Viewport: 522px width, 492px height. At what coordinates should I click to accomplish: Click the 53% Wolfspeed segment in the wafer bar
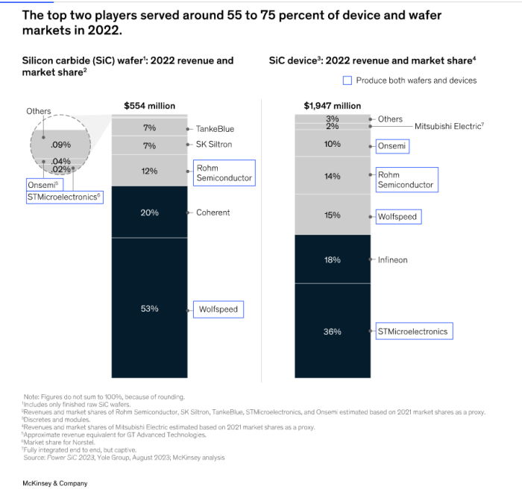pos(149,308)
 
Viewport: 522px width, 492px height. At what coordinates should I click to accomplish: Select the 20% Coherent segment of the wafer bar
pos(149,212)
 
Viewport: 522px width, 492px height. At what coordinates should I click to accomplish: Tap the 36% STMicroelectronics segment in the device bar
pos(332,331)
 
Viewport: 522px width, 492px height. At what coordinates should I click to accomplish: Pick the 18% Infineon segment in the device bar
pos(332,259)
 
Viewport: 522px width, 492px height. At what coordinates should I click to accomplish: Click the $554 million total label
pos(149,106)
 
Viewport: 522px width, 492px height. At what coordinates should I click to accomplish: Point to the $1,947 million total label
pos(332,106)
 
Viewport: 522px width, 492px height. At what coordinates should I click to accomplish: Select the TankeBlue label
pos(215,129)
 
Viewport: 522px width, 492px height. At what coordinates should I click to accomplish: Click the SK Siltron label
pos(214,145)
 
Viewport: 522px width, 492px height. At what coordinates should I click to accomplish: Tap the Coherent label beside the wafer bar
pos(213,212)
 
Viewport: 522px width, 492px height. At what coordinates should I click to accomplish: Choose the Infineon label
pos(393,260)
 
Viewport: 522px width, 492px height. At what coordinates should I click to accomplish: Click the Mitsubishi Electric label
pos(449,127)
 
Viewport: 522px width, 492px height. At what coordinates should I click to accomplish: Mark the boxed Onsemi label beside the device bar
pos(391,146)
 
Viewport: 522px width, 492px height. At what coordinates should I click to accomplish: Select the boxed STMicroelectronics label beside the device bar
pos(413,331)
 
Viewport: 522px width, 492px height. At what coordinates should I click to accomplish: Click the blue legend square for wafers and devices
pos(348,81)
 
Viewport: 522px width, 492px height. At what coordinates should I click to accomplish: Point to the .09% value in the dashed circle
pos(60,145)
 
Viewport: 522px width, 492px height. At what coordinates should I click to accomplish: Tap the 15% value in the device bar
pos(332,215)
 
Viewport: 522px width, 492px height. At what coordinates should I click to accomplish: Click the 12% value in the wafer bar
pos(149,171)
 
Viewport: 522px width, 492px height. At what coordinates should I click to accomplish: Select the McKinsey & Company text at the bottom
pos(55,483)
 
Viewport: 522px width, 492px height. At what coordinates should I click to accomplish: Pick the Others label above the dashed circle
pos(39,111)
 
